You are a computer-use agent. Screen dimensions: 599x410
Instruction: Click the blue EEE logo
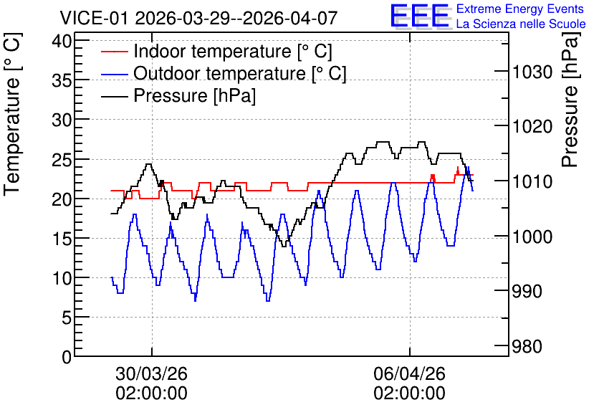click(x=419, y=16)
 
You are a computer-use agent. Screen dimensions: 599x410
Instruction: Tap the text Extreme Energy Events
click(x=520, y=9)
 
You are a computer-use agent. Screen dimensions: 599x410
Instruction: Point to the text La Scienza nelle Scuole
click(x=521, y=24)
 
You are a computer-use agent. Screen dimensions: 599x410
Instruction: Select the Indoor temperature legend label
click(x=233, y=51)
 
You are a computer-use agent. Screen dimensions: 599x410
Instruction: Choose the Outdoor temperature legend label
click(x=240, y=73)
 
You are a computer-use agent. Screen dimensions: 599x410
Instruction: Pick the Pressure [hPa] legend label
click(x=194, y=95)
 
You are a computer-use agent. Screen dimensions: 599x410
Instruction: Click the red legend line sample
click(x=114, y=52)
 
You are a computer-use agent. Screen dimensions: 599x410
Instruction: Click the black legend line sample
click(x=114, y=96)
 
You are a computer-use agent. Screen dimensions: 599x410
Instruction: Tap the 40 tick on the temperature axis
click(x=62, y=41)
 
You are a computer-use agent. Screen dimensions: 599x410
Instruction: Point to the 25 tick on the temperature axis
click(x=62, y=159)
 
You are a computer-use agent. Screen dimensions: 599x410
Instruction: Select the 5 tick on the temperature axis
click(x=67, y=317)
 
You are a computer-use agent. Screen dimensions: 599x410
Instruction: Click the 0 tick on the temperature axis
click(x=67, y=357)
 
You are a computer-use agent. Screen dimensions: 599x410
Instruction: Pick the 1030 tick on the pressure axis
click(x=532, y=72)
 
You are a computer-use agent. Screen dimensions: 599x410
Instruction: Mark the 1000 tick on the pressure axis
click(x=532, y=237)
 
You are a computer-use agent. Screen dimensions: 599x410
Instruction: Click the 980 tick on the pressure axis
click(x=527, y=347)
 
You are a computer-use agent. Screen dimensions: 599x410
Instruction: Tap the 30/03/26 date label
click(x=152, y=373)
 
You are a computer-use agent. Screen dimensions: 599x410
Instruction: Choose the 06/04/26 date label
click(x=410, y=373)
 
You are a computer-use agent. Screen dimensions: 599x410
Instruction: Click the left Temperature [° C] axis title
click(x=13, y=115)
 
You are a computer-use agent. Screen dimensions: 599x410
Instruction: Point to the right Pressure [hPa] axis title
click(x=570, y=100)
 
